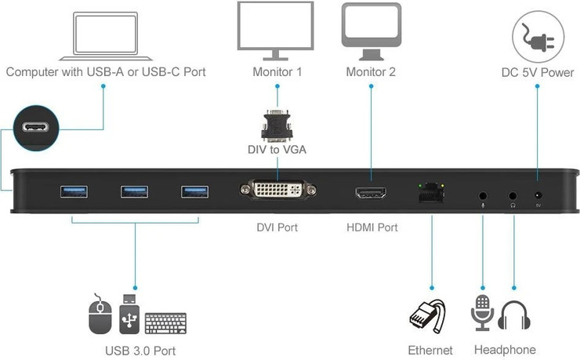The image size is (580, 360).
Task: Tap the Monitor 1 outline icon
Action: click(x=276, y=31)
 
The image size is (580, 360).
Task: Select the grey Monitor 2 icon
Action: click(x=371, y=31)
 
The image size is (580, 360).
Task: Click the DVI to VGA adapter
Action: click(x=276, y=125)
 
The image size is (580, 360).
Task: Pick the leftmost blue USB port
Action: click(x=74, y=191)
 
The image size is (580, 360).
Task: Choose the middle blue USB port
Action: click(x=134, y=191)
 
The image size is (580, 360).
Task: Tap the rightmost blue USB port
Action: click(x=194, y=191)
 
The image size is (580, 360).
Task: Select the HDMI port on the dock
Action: click(x=372, y=194)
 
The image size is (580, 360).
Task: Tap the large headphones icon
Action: click(x=515, y=316)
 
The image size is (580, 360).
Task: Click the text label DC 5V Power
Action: click(x=537, y=73)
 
